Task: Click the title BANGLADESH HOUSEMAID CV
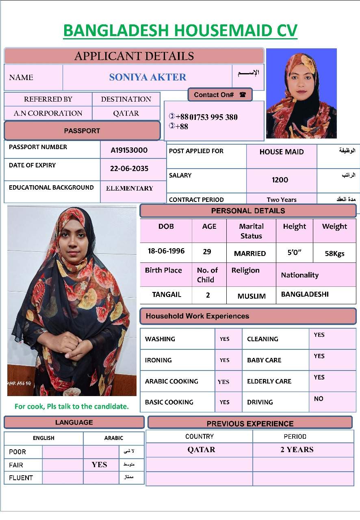[x=180, y=31]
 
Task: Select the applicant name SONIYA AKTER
[x=147, y=77]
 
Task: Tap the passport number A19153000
[x=129, y=150]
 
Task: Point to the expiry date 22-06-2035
[x=129, y=169]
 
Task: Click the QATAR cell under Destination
[x=126, y=113]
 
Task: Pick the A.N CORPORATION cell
[x=48, y=113]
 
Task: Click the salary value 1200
[x=280, y=180]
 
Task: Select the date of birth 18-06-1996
[x=166, y=251]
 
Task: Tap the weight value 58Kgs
[x=334, y=253]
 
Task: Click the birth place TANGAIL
[x=167, y=295]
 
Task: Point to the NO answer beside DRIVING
[x=319, y=399]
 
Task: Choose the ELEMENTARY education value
[x=129, y=188]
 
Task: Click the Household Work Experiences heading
[x=197, y=316]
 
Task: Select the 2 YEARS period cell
[x=297, y=450]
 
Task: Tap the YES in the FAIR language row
[x=99, y=465]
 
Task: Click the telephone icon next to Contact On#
[x=243, y=95]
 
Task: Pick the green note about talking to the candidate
[x=72, y=406]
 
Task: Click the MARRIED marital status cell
[x=250, y=253]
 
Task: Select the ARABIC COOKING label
[x=171, y=381]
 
